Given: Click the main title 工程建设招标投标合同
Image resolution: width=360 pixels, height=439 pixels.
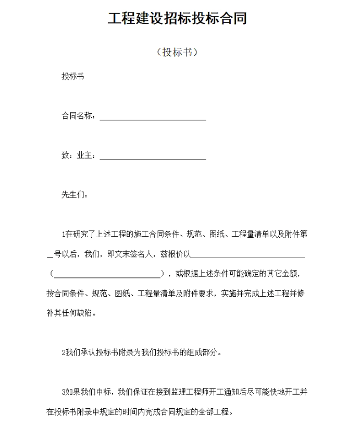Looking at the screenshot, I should (177, 19).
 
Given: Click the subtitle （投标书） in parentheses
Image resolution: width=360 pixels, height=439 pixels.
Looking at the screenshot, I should (177, 52).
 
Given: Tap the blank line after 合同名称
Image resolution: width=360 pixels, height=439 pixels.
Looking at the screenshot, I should (153, 118).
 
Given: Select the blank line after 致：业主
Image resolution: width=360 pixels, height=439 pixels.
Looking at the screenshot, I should (153, 157).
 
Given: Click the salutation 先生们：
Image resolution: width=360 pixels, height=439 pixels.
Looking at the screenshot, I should (75, 194).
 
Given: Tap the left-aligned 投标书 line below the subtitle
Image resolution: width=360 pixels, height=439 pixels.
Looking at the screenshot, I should (72, 77).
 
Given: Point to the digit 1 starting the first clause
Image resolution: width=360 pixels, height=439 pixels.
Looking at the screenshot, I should (64, 234).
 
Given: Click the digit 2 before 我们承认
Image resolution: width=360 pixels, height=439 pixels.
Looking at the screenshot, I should (64, 352).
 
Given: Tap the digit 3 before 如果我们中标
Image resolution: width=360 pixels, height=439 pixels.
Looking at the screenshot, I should (64, 392).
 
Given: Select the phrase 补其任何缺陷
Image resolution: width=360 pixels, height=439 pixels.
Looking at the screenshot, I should (68, 313).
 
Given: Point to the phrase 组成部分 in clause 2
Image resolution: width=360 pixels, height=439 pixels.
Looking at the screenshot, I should (202, 352).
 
